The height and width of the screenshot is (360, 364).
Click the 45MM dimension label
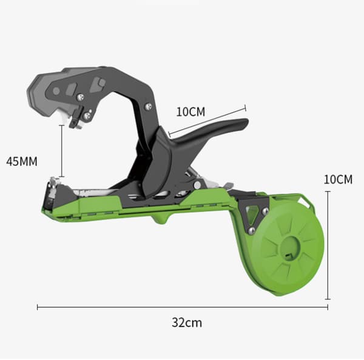pyautogui.click(x=22, y=161)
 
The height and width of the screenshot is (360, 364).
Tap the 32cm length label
pyautogui.click(x=187, y=322)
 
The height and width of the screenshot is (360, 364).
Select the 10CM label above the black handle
pyautogui.click(x=190, y=112)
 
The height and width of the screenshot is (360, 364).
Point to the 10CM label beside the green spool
pyautogui.click(x=338, y=179)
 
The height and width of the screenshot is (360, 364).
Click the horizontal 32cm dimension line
pyautogui.click(x=183, y=307)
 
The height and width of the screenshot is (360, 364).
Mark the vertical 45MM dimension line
pyautogui.click(x=61, y=151)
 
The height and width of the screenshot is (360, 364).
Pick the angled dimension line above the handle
pyautogui.click(x=207, y=121)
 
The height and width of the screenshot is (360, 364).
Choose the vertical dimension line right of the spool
pyautogui.click(x=328, y=245)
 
